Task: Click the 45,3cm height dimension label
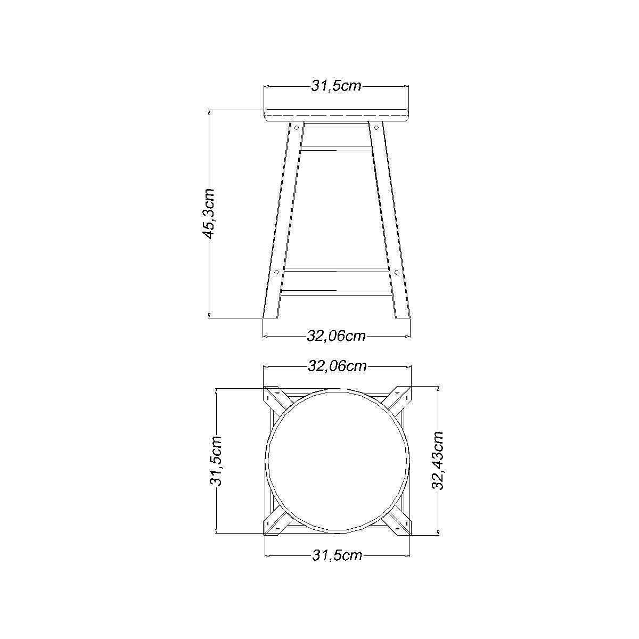coord(209,214)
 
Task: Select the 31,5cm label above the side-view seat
coord(336,86)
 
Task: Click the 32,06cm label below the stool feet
coord(336,336)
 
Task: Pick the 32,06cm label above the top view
coord(337,366)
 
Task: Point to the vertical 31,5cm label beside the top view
coord(216,461)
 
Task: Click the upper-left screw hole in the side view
coord(297,127)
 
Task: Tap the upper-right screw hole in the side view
coord(376,127)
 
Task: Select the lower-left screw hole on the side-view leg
coord(276,272)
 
